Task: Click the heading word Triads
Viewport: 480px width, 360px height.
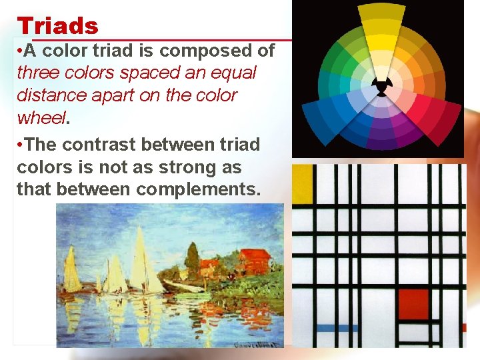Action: coord(57,26)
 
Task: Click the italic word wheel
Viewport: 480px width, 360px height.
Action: coord(41,117)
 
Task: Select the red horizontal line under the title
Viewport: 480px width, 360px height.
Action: coord(193,41)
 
